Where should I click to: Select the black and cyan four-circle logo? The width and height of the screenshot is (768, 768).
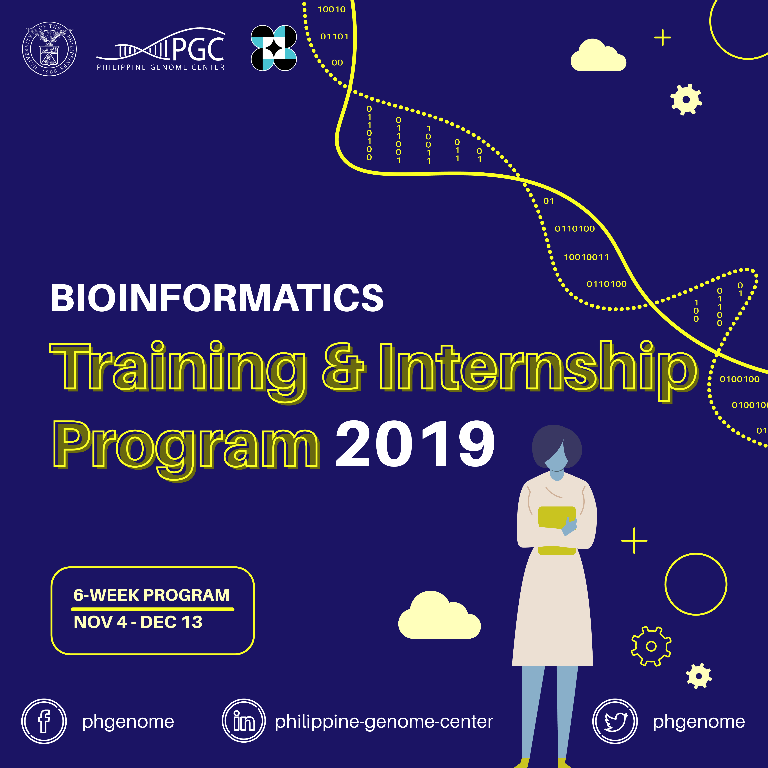click(274, 48)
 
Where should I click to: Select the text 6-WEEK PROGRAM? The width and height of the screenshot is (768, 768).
click(152, 595)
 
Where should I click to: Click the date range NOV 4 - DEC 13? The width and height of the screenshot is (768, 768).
click(138, 622)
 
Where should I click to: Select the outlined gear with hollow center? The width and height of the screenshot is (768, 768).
click(651, 646)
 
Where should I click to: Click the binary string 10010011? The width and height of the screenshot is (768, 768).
click(586, 257)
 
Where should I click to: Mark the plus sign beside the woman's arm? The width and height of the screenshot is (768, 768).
click(634, 541)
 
